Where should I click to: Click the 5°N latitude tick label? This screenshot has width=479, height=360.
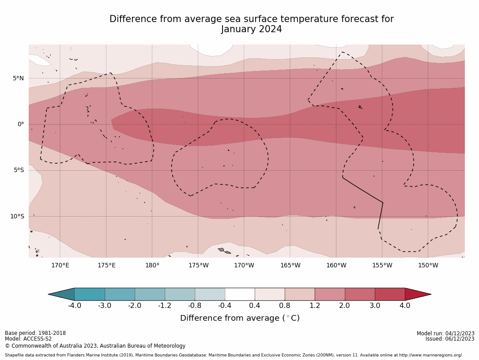pyautogui.click(x=18, y=78)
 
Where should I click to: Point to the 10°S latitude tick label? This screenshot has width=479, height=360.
pyautogui.click(x=17, y=216)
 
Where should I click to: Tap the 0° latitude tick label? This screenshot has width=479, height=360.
pyautogui.click(x=21, y=124)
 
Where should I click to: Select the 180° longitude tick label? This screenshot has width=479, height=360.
pyautogui.click(x=152, y=265)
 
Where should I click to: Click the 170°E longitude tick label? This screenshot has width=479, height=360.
pyautogui.click(x=60, y=265)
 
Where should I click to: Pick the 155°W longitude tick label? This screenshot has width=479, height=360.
pyautogui.click(x=382, y=265)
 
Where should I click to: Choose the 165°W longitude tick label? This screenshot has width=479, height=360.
pyautogui.click(x=290, y=265)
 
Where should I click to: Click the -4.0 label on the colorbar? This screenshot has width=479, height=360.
pyautogui.click(x=74, y=305)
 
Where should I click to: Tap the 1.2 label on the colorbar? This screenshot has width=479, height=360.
pyautogui.click(x=314, y=305)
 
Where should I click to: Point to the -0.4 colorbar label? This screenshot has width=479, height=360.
pyautogui.click(x=224, y=305)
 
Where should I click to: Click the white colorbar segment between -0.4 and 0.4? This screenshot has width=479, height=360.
pyautogui.click(x=240, y=294)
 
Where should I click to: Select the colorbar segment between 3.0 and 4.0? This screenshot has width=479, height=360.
pyautogui.click(x=390, y=294)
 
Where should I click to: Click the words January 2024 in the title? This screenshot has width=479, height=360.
pyautogui.click(x=251, y=30)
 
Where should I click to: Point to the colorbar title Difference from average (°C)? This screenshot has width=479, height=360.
pyautogui.click(x=240, y=318)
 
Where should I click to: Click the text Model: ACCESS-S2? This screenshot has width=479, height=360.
pyautogui.click(x=28, y=339)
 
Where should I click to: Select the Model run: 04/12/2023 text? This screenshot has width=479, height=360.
pyautogui.click(x=445, y=334)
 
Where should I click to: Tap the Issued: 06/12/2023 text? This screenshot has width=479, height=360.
pyautogui.click(x=450, y=339)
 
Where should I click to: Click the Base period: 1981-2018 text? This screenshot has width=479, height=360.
pyautogui.click(x=35, y=333)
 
